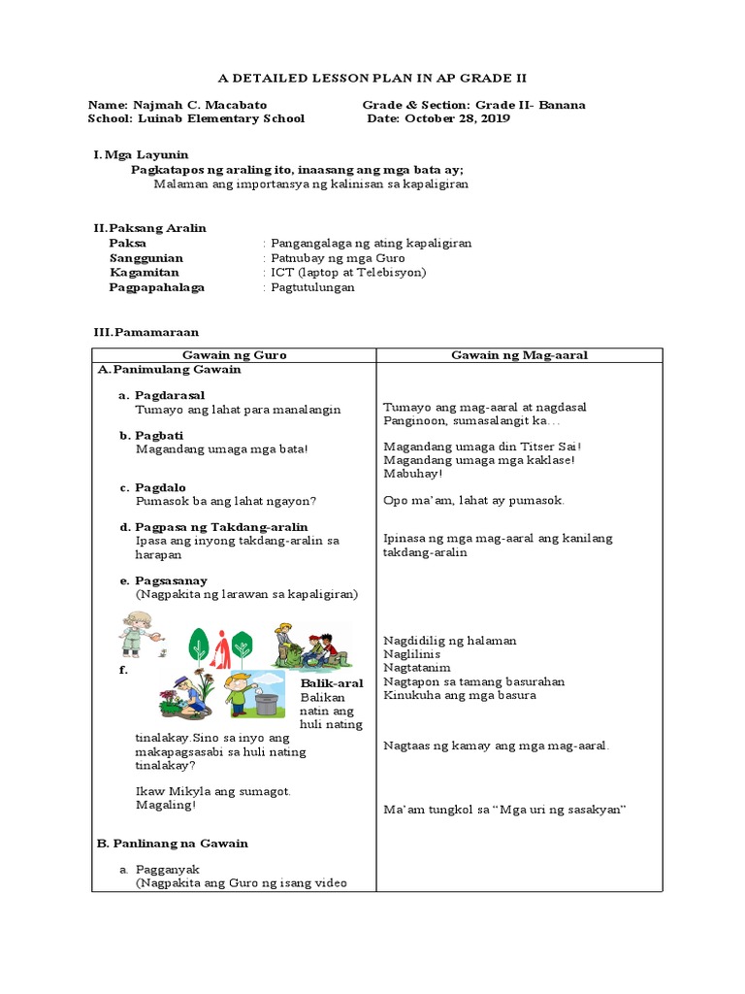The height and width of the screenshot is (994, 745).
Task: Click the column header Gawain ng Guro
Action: (x=234, y=355)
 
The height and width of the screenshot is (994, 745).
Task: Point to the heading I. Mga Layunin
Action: (x=141, y=154)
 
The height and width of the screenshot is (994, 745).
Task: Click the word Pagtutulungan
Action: (x=313, y=287)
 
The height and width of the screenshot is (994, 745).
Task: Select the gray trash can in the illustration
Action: (x=265, y=698)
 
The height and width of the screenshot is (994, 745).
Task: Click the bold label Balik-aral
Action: (x=332, y=683)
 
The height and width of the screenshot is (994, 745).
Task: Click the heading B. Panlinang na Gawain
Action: (x=173, y=844)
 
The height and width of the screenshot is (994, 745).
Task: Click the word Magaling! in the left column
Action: (x=166, y=805)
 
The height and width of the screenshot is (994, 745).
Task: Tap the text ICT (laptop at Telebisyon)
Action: (x=348, y=273)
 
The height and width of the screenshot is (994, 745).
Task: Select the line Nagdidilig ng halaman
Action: (x=450, y=641)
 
